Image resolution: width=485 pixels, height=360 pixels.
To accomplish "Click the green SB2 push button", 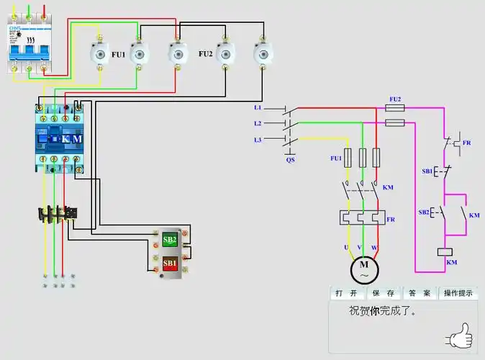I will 170,240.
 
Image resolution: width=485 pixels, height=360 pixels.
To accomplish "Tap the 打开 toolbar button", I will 344,294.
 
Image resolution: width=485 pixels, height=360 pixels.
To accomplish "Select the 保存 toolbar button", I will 382,294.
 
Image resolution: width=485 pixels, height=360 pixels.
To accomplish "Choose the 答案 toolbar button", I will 420,294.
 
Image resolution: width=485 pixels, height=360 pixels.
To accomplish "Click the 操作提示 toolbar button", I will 458,294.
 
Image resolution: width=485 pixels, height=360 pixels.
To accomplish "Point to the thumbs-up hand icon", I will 458,335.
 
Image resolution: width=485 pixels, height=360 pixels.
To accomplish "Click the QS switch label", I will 290,160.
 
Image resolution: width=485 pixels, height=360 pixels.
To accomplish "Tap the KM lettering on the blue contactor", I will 72,139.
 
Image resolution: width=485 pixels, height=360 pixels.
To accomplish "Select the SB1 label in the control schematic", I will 427,172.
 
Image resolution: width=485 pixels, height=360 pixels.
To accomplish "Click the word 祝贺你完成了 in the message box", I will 383,312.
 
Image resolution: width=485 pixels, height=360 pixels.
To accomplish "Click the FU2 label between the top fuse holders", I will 206,54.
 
